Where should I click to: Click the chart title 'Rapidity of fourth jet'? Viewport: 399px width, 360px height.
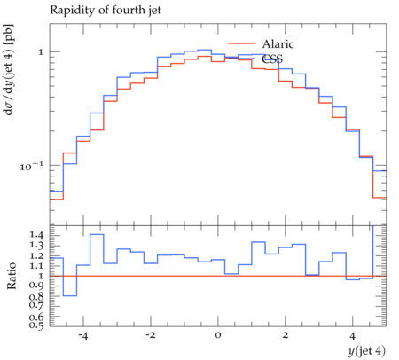[106, 10]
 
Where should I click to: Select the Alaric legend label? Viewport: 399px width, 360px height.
[278, 44]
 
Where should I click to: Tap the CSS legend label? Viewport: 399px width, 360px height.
[272, 59]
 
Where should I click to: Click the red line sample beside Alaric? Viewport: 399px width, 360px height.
[241, 43]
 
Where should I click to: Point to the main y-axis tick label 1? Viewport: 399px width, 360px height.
[41, 52]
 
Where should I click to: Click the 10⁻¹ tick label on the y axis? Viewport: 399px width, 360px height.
[31, 167]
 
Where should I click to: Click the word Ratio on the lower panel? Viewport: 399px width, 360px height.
[12, 276]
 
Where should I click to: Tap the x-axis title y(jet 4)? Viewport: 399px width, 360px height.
[367, 351]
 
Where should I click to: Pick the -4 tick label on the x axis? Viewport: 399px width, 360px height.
[83, 336]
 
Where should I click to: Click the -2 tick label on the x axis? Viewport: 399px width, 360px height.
[150, 336]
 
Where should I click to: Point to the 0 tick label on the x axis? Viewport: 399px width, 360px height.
[218, 336]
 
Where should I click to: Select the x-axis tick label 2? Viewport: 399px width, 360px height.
[286, 336]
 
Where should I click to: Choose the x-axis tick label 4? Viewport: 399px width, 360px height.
[353, 336]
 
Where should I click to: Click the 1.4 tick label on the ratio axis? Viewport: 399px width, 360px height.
[36, 235]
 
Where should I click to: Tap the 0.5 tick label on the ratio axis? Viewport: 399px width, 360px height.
[36, 325]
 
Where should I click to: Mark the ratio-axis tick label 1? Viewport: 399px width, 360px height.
[41, 276]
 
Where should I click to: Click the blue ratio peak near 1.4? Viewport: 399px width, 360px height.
[97, 234]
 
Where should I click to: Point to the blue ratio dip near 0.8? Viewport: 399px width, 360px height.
[70, 295]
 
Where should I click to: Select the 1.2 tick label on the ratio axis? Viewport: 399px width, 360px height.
[36, 255]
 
